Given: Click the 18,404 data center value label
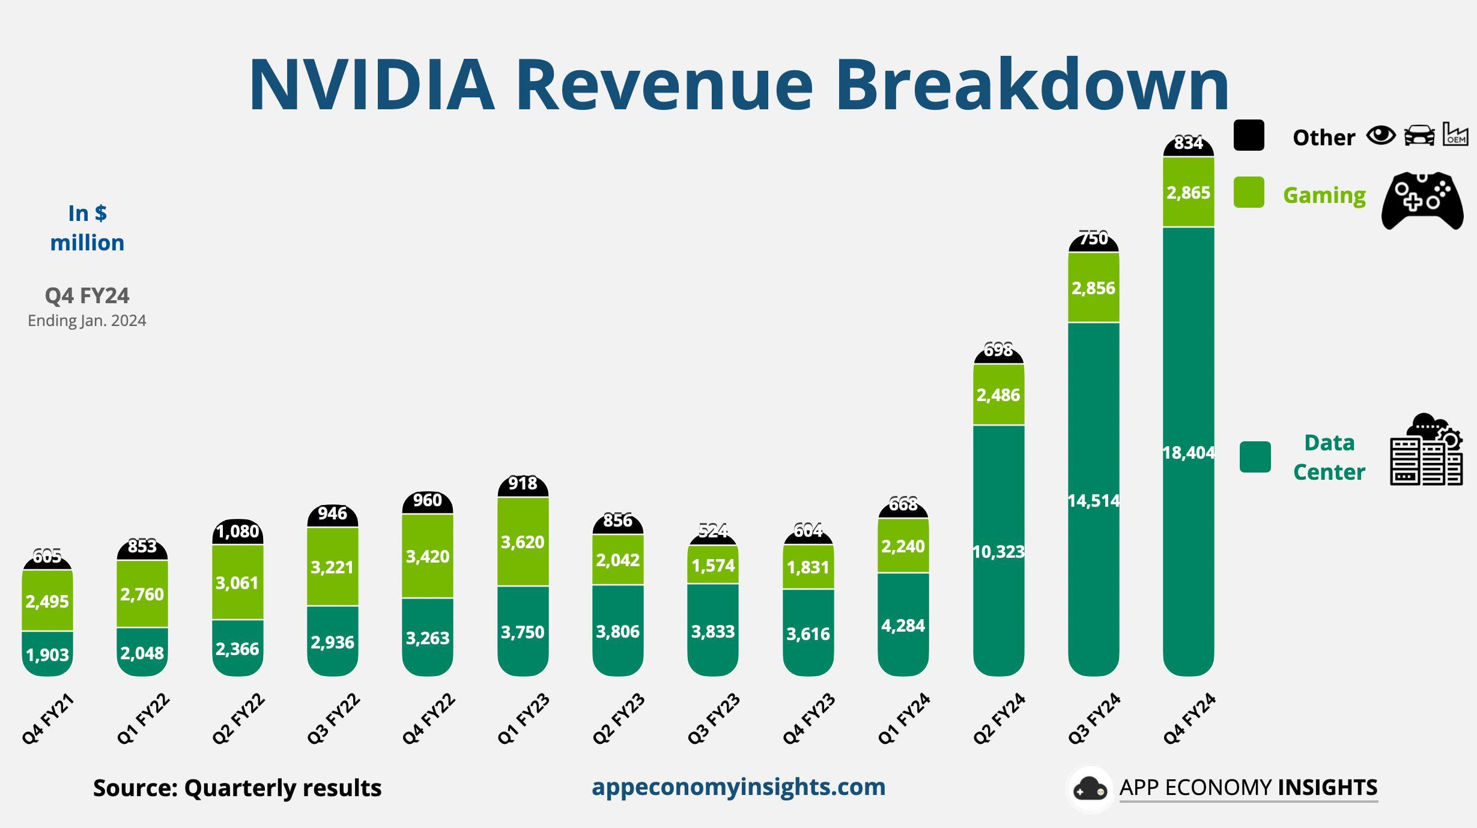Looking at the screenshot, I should [1188, 453].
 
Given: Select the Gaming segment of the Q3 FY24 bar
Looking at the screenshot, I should [1093, 288].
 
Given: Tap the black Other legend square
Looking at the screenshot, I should [1249, 135].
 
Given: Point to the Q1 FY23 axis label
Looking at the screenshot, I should [523, 719].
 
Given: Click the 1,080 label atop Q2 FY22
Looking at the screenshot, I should [237, 531].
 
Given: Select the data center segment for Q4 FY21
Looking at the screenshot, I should [47, 654].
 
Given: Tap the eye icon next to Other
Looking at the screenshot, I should [1380, 136].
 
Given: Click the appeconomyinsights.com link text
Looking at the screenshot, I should [738, 787].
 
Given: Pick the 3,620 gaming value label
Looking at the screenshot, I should [523, 542].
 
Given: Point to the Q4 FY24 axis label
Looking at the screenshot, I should [1189, 719].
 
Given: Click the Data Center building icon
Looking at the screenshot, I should [1426, 450].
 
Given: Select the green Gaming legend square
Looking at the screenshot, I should [1249, 192].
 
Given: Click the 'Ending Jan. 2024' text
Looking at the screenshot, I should [87, 321].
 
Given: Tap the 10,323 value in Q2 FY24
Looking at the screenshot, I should [998, 552].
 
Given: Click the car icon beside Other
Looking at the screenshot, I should [1419, 135].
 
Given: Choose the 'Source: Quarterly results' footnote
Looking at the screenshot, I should [237, 788].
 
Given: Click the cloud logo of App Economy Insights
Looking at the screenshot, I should [1090, 789].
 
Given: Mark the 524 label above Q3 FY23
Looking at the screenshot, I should [713, 531].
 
